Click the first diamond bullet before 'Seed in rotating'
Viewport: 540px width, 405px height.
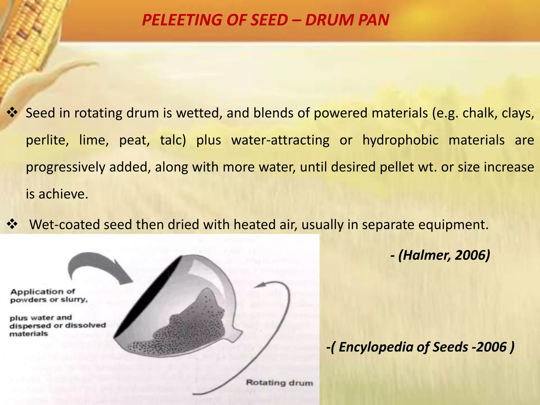coord(12,113)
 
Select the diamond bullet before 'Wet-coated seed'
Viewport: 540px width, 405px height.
coord(12,224)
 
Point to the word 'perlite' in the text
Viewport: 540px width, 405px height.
coord(47,140)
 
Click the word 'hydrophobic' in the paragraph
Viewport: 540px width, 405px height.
coord(400,140)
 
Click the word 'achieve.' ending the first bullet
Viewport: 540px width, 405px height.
coord(63,194)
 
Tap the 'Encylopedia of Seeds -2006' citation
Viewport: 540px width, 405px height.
coord(422,347)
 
